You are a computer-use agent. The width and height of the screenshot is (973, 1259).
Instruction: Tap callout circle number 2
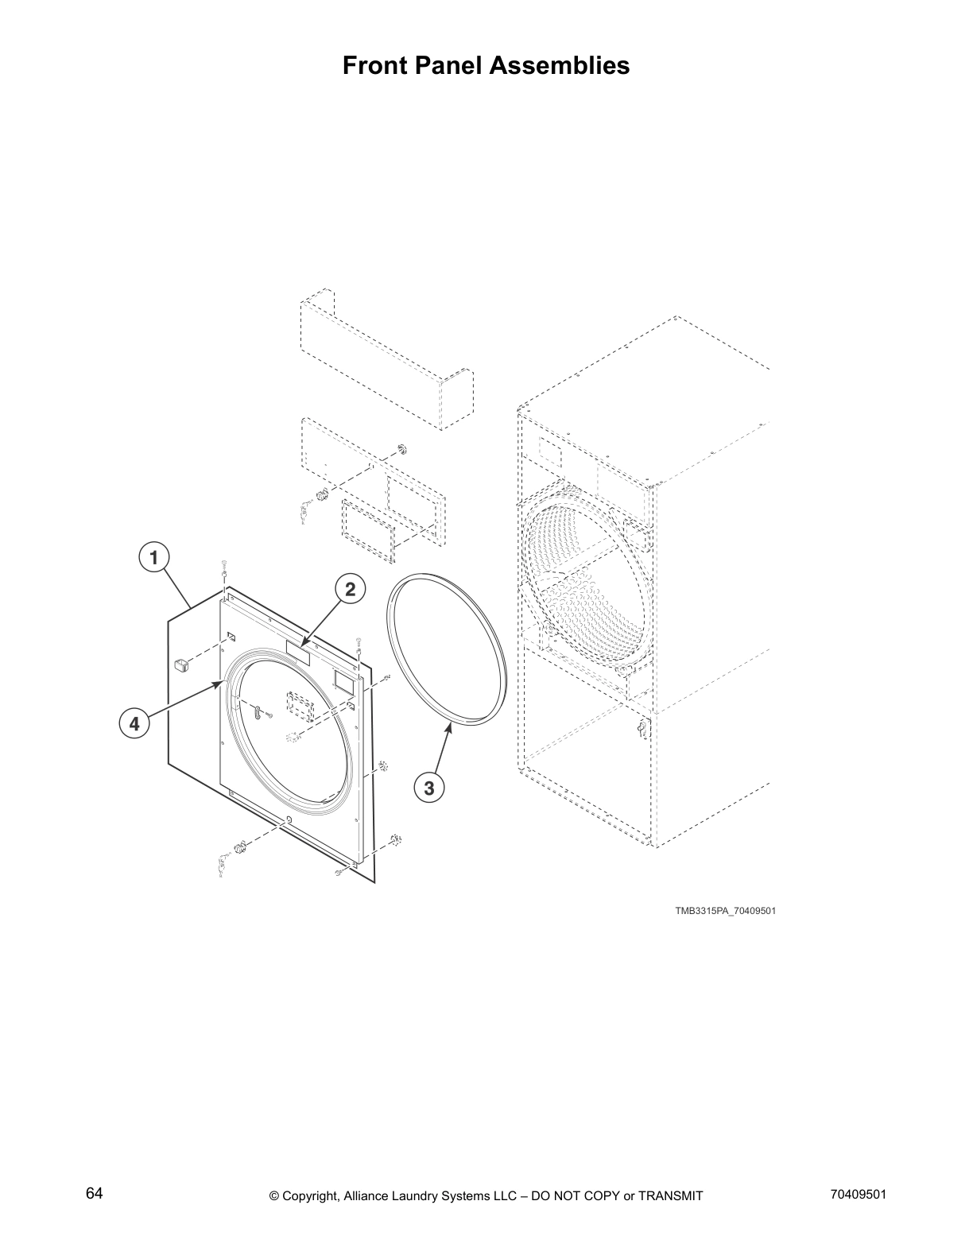tap(349, 589)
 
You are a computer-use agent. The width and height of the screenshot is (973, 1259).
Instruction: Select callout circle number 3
tap(428, 788)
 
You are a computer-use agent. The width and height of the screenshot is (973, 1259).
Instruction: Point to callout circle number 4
tap(134, 723)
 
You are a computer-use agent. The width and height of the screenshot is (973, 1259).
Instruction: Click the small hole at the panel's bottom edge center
tap(289, 820)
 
